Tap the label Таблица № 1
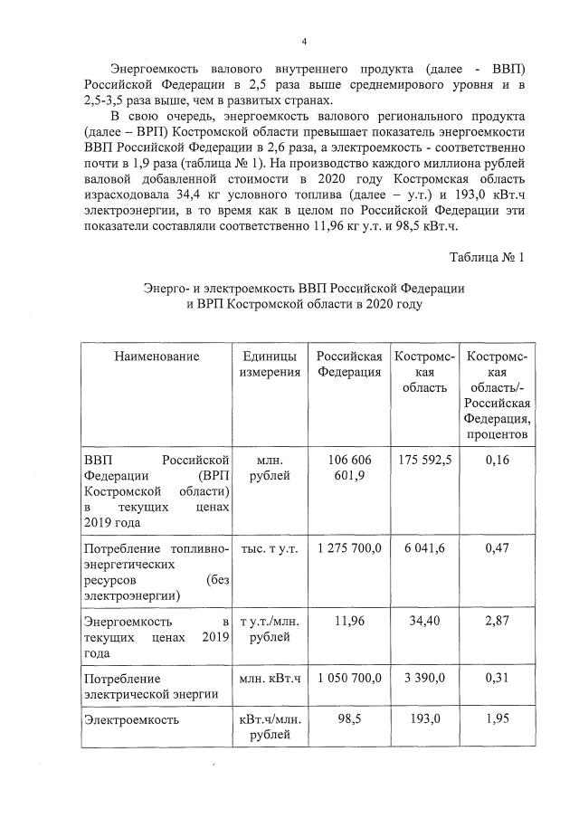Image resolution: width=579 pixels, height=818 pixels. click(x=487, y=257)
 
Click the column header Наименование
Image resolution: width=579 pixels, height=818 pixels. click(x=156, y=357)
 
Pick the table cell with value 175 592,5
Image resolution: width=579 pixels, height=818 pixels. click(x=425, y=460)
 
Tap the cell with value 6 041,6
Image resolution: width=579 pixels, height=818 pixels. click(x=425, y=548)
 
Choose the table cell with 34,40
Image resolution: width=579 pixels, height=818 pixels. click(x=425, y=622)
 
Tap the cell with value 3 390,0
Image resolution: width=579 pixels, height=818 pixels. click(x=425, y=677)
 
